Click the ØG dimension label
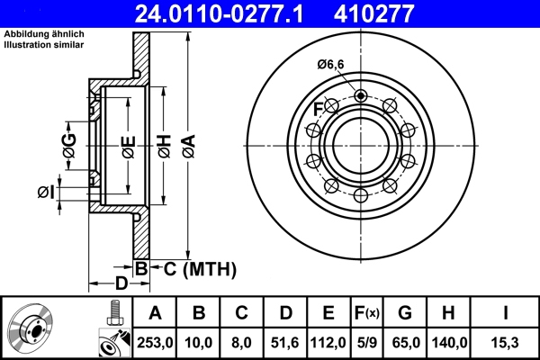(x=69, y=141)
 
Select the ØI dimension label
(x=46, y=191)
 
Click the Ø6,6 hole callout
(x=332, y=64)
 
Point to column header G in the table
(x=405, y=313)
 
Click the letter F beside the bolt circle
(x=318, y=110)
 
